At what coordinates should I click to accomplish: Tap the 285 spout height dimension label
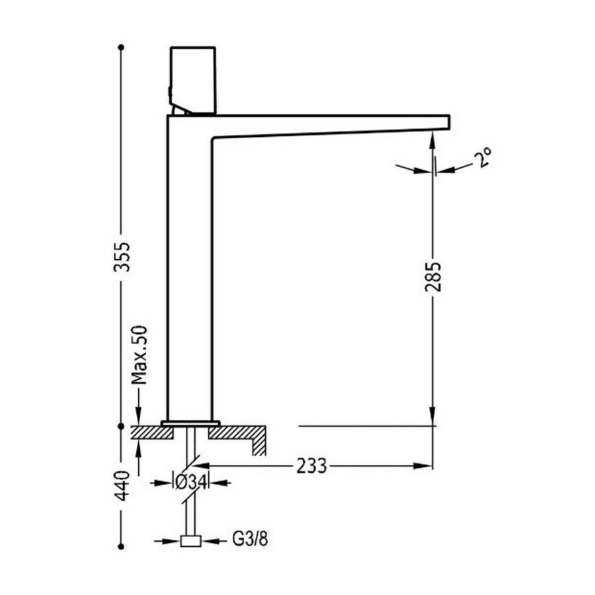pyautogui.click(x=434, y=276)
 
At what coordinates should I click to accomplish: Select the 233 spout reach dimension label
pyautogui.click(x=311, y=466)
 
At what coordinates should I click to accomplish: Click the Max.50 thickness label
pyautogui.click(x=138, y=355)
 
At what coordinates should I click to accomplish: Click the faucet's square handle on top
pyautogui.click(x=193, y=78)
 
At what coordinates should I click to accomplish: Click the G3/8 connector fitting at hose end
pyautogui.click(x=190, y=541)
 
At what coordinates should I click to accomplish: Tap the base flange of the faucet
pyautogui.click(x=190, y=422)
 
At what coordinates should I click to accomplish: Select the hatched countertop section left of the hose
pyautogui.click(x=151, y=432)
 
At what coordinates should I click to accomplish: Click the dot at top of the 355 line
pyautogui.click(x=120, y=48)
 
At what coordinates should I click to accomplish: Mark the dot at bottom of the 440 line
pyautogui.click(x=120, y=547)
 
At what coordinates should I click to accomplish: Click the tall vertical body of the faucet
pyautogui.click(x=189, y=278)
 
